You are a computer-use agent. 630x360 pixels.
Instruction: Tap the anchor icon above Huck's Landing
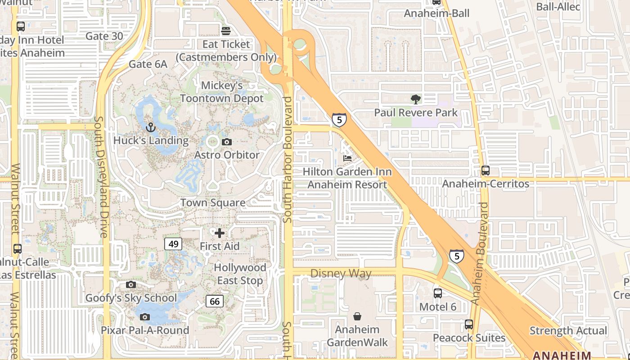150,127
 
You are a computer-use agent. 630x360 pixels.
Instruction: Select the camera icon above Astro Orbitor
227,142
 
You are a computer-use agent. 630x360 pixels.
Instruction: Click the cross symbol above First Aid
220,233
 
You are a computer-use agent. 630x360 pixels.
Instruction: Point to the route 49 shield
173,244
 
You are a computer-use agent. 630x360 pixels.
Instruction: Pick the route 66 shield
215,301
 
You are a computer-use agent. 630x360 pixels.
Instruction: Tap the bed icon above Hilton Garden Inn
347,158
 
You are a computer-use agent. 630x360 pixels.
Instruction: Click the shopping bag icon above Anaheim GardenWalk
357,316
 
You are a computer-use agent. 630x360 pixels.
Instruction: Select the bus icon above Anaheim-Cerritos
485,171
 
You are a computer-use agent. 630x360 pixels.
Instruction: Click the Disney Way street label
341,274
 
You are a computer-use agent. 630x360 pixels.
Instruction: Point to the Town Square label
213,202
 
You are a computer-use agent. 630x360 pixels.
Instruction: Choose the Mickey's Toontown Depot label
222,92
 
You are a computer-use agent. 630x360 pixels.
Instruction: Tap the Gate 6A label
148,64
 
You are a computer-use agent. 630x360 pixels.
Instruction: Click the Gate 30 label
104,36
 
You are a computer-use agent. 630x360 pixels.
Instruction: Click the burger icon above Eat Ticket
226,31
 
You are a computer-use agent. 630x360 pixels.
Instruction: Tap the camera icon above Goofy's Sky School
131,284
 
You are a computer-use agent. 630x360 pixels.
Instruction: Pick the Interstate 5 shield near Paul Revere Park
339,120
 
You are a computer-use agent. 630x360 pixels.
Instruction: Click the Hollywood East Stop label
240,274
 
